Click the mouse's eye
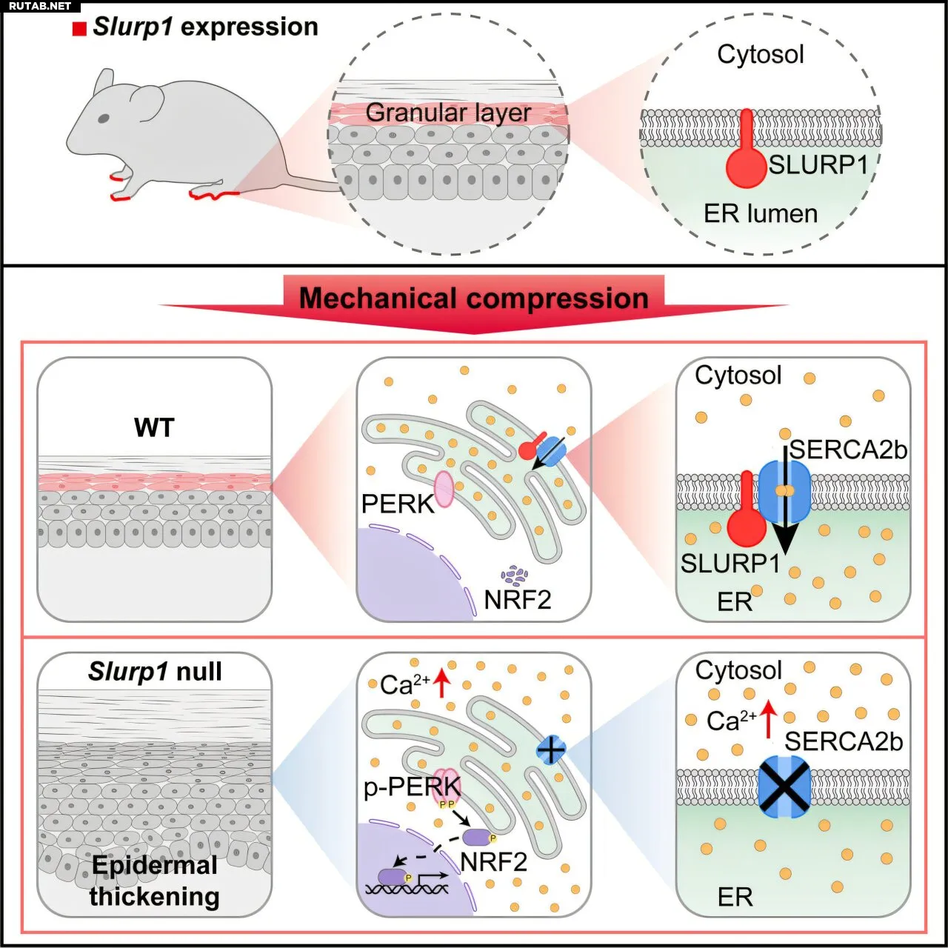click(104, 118)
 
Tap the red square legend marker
click(79, 29)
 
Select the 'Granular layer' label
click(448, 113)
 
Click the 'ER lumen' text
click(761, 213)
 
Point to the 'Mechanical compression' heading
click(474, 298)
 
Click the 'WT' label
click(154, 427)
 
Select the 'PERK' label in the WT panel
click(398, 504)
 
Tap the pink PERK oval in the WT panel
click(444, 489)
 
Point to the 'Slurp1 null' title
click(155, 671)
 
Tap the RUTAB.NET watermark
click(40, 6)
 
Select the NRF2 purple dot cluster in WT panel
click(515, 575)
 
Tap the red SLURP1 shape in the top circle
click(747, 149)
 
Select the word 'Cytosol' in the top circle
click(760, 54)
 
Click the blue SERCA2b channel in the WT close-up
click(784, 492)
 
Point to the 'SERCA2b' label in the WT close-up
click(848, 450)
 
